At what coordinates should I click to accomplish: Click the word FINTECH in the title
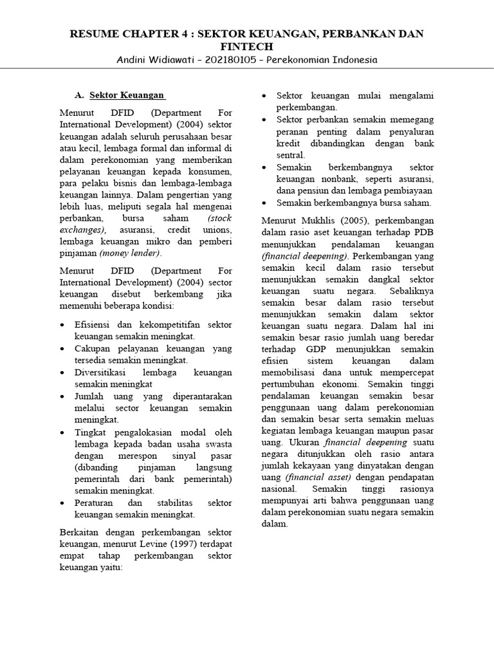[x=247, y=46]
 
